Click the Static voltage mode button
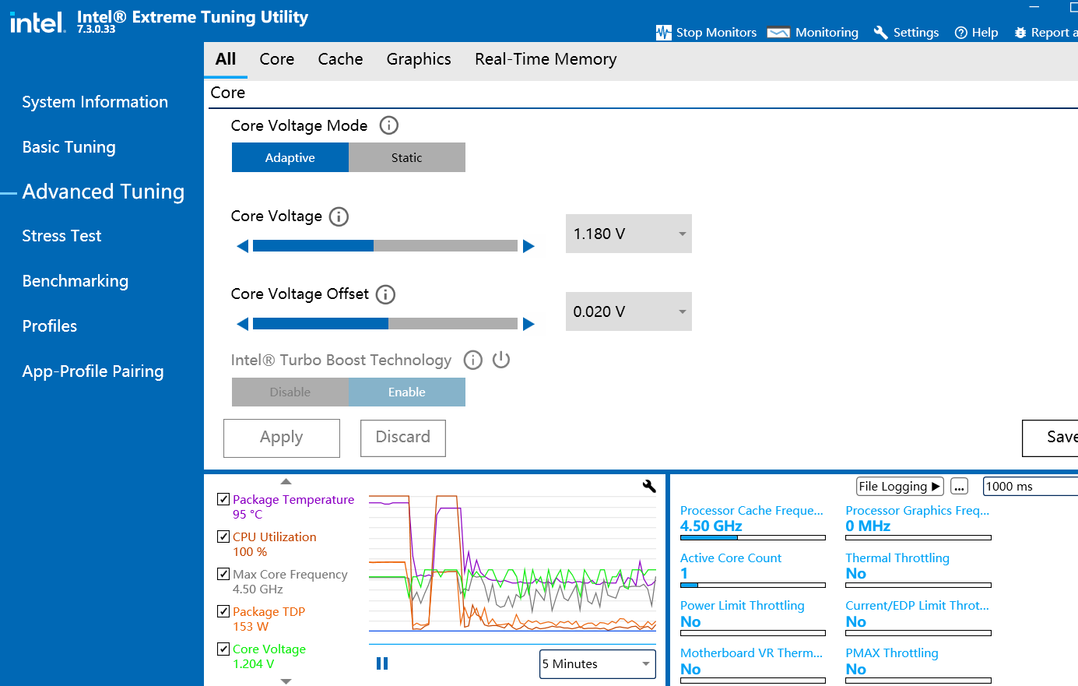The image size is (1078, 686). (406, 157)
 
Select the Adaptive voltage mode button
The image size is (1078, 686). (290, 157)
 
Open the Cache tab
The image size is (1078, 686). (340, 59)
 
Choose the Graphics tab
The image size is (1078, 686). (419, 59)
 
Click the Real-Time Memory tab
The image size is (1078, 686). (546, 59)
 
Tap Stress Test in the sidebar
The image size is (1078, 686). (61, 236)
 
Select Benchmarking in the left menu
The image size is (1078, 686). (75, 281)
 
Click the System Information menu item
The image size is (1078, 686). (95, 102)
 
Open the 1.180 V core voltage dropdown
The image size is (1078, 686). (628, 234)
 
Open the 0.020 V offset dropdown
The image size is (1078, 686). (628, 311)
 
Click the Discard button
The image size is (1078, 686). (402, 438)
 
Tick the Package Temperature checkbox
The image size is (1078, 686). (223, 499)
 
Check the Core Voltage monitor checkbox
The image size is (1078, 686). (223, 649)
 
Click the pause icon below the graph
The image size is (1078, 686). (382, 663)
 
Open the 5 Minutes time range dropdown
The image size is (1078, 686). (597, 664)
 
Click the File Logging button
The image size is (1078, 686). (900, 487)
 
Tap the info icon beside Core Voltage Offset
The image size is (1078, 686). (385, 294)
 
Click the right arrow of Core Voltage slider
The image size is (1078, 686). (529, 246)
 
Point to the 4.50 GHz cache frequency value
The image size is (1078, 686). (711, 526)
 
